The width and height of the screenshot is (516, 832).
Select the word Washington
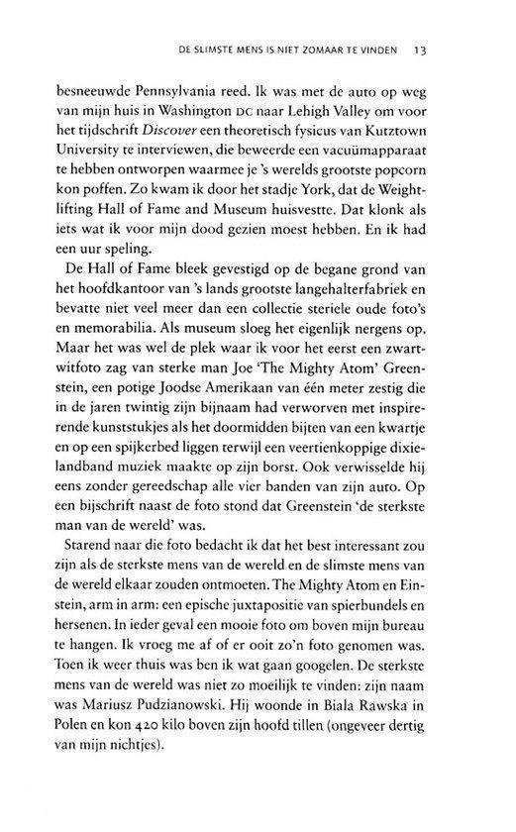pyautogui.click(x=237, y=125)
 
